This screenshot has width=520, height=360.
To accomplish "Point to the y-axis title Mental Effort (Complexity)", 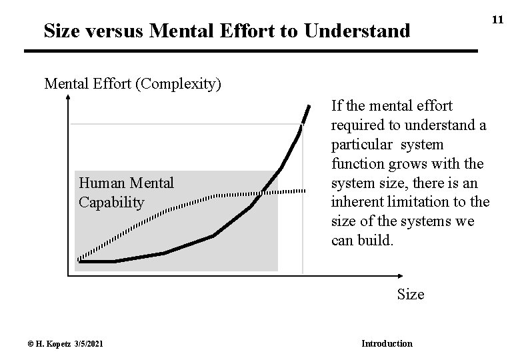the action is click(133, 85).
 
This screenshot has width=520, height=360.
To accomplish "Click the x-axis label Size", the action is click(410, 294).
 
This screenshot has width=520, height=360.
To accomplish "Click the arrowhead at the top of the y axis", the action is click(69, 99).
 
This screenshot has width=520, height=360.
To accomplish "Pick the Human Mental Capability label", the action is click(126, 192).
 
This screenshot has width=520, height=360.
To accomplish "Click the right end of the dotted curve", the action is click(305, 191).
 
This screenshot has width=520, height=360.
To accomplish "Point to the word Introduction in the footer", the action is click(387, 343).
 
